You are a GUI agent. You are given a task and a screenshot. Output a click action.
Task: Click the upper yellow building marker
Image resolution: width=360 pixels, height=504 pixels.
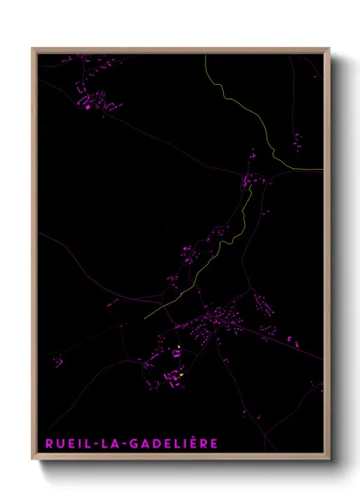click(177, 347)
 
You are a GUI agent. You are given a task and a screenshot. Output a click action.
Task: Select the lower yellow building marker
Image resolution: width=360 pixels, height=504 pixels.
click(182, 375)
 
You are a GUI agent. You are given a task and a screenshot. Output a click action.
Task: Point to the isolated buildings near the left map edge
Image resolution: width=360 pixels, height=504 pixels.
click(58, 362)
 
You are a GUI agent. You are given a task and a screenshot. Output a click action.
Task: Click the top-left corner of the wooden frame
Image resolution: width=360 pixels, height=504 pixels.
click(33, 49)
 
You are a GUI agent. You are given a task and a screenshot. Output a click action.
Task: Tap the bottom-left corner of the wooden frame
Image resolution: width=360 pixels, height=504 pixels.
click(33, 459)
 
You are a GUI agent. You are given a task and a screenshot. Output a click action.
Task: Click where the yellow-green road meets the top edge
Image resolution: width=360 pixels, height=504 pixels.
click(206, 54)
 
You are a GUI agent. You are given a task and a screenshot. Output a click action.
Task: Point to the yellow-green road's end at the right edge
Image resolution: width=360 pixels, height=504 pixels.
click(323, 170)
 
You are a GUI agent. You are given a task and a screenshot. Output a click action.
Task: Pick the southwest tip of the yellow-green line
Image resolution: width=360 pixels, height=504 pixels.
click(145, 318)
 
